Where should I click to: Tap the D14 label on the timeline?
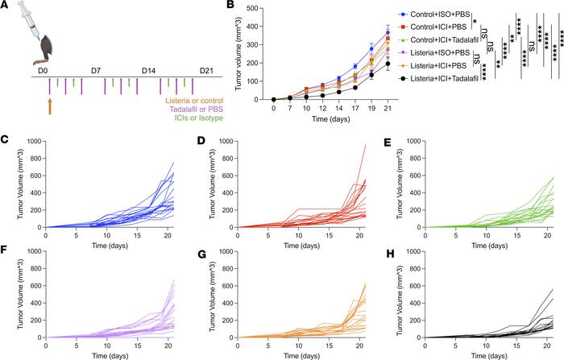(148, 71)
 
